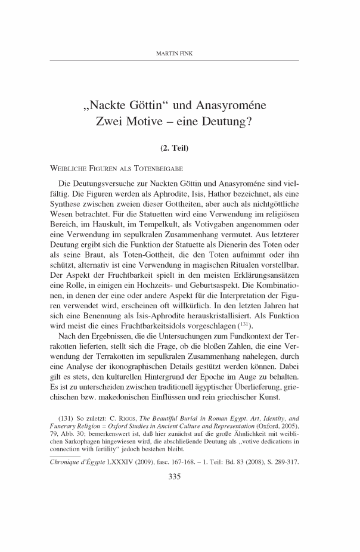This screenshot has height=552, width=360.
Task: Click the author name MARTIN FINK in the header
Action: [x=180, y=54]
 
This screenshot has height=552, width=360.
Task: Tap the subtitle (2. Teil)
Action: [x=179, y=146]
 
